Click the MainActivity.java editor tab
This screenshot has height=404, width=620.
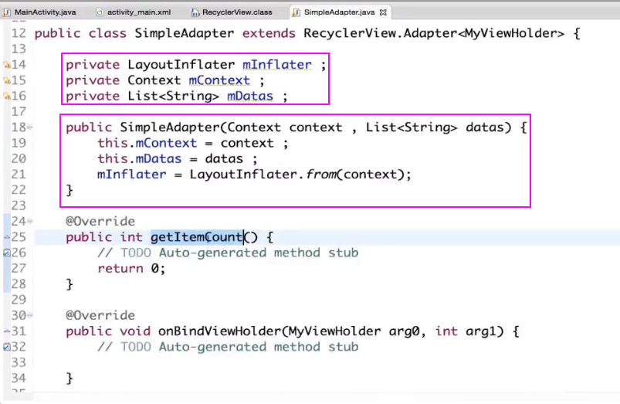tap(44, 12)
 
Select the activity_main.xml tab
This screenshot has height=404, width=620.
tap(139, 12)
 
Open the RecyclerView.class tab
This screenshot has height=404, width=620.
tap(236, 12)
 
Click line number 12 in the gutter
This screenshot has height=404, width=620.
tap(19, 33)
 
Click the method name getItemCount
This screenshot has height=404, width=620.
tap(197, 237)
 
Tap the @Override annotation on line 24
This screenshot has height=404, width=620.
tap(100, 222)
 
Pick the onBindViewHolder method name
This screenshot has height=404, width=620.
tap(219, 331)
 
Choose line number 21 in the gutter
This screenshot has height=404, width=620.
tap(19, 175)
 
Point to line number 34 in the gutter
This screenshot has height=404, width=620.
tap(19, 379)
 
